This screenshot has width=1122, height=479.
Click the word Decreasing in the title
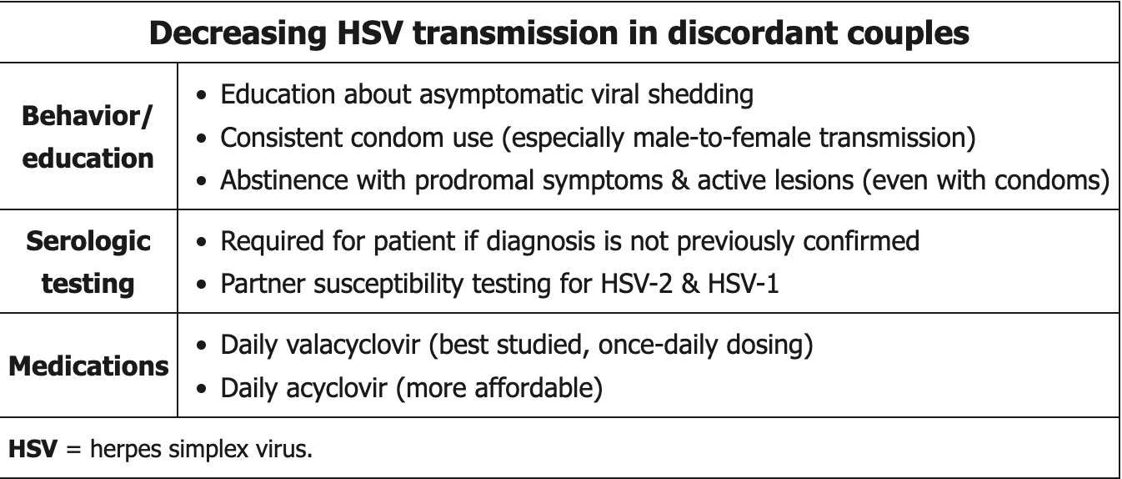pos(238,34)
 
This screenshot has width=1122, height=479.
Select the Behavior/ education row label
pos(88,137)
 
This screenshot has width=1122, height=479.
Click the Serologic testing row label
pos(88,262)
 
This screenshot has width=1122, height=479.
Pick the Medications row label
pos(88,366)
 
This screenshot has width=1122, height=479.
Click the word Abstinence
pos(284,180)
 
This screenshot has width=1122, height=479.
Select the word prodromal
pos(474,181)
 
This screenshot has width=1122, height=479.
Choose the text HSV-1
pos(744,284)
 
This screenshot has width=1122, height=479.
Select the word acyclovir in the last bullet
pos(337,389)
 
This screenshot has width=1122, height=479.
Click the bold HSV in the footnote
pos(33,448)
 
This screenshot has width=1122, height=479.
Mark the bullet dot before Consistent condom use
pos(202,138)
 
